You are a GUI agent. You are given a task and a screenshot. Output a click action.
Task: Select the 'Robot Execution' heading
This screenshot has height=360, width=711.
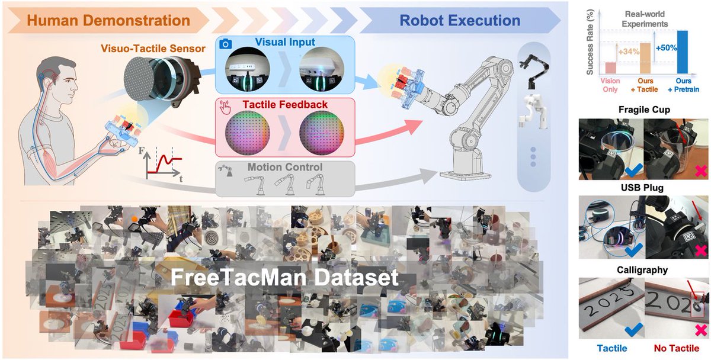tap(460, 21)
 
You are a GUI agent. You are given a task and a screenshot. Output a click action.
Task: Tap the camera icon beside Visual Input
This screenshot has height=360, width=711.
tap(225, 44)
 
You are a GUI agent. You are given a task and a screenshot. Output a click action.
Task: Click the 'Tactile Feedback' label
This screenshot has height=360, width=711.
tap(286, 105)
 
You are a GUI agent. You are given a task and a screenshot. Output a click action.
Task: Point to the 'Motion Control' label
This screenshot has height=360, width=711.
tap(286, 168)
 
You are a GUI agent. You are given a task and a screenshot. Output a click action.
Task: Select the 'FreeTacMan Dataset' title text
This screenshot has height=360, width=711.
tap(285, 277)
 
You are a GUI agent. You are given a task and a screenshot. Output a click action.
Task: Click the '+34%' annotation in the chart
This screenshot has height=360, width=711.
tap(626, 52)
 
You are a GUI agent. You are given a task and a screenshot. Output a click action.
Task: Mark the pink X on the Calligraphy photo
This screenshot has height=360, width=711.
tap(700, 330)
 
